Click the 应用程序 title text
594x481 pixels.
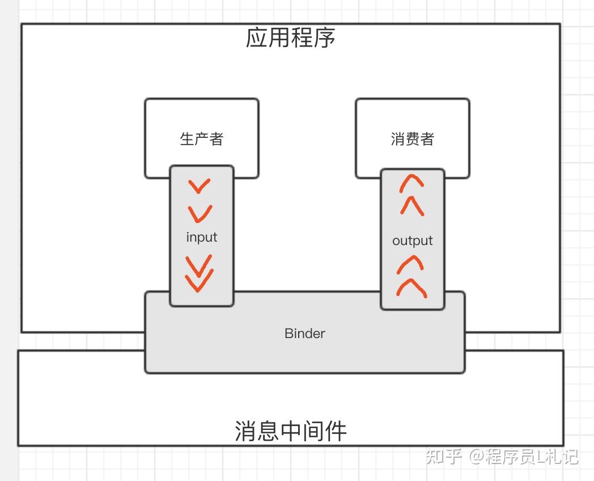[x=291, y=38]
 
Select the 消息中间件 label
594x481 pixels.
[x=291, y=431]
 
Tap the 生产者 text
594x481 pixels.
[x=202, y=139]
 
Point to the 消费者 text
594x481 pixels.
[x=413, y=139]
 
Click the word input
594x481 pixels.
[x=202, y=237]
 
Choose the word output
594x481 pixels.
[x=413, y=241]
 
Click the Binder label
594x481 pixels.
[x=305, y=334]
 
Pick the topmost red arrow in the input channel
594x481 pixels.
[x=200, y=185]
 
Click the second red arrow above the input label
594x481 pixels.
[x=200, y=213]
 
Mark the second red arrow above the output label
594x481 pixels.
[x=412, y=205]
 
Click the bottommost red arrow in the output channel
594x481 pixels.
[x=412, y=288]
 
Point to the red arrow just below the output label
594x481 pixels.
[x=412, y=264]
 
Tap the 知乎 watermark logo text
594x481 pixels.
[x=444, y=456]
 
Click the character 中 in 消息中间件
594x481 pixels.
[x=291, y=431]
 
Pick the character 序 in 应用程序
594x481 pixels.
[x=325, y=38]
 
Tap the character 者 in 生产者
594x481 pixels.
[x=217, y=139]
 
